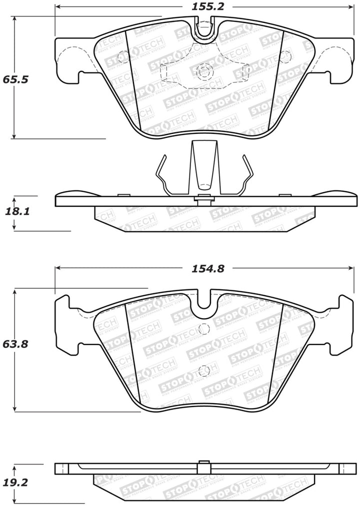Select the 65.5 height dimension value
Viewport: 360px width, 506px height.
[x=14, y=79]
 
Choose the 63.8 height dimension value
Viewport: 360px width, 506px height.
[x=14, y=344]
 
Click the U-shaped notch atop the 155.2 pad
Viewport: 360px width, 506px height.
[x=204, y=29]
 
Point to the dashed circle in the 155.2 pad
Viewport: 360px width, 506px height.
[x=203, y=72]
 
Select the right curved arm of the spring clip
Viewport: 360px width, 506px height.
[x=246, y=175]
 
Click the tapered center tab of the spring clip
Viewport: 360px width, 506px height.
[x=203, y=165]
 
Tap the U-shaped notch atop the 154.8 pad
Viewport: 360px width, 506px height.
[x=204, y=300]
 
